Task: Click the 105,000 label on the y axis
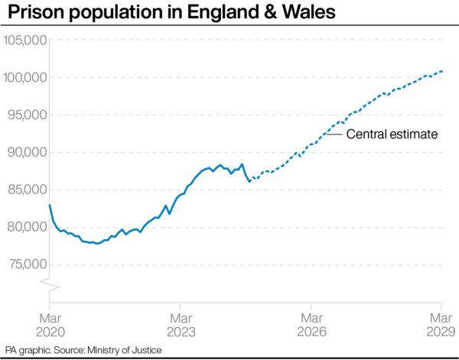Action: (26, 41)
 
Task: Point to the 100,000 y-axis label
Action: (26, 78)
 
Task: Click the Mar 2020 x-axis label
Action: (50, 323)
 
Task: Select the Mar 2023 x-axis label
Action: (181, 323)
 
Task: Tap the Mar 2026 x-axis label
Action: (311, 323)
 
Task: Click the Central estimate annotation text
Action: (392, 135)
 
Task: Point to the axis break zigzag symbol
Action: (50, 286)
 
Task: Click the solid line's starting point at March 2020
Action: (50, 205)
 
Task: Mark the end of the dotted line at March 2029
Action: (443, 71)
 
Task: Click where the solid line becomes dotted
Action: (249, 181)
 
